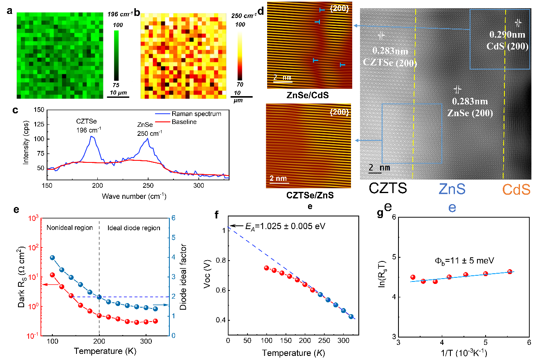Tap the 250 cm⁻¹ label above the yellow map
(x=244, y=16)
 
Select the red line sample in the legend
(x=163, y=122)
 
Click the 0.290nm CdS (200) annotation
(x=507, y=40)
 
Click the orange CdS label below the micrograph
(x=516, y=190)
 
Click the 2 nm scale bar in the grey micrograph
(x=379, y=168)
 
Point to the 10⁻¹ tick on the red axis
(x=32, y=336)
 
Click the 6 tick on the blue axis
(x=173, y=218)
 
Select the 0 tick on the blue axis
(x=173, y=336)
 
